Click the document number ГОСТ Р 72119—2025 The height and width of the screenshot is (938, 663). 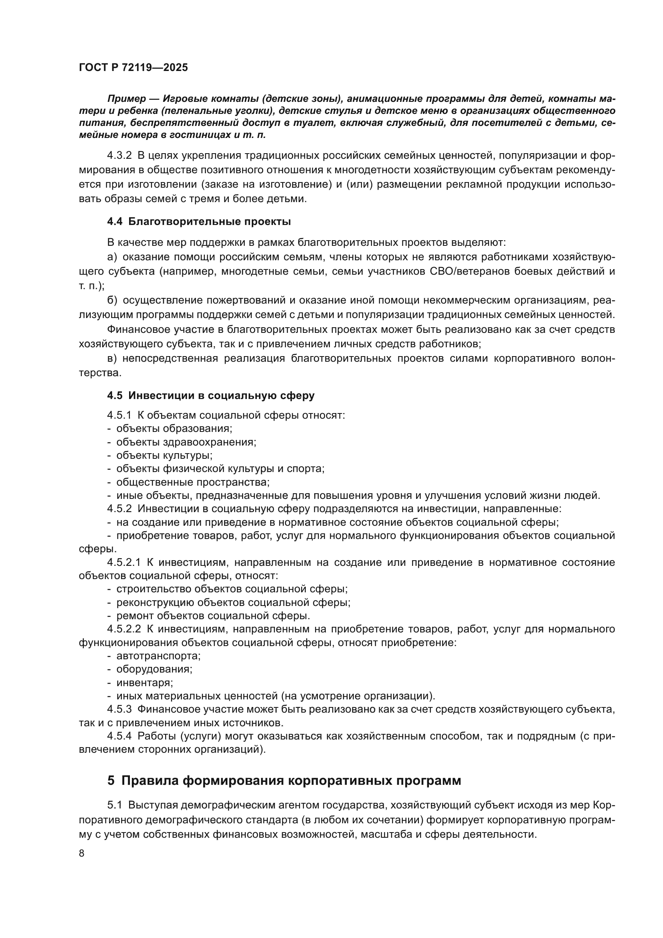coord(133,68)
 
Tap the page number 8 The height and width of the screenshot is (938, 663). coord(82,853)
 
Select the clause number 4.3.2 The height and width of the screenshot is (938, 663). coord(119,156)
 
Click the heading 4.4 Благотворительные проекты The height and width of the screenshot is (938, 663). coord(199,222)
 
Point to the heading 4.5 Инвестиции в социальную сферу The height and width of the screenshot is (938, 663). coord(211,395)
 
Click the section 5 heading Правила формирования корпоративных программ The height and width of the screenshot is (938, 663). coord(284,780)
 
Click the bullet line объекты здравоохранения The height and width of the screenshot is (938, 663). coord(186,442)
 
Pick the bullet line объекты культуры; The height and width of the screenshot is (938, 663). coord(164,455)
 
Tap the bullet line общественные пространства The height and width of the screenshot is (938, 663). coord(193,482)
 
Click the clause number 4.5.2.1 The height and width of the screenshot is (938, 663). coord(124,563)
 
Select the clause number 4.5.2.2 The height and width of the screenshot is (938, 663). coord(124,629)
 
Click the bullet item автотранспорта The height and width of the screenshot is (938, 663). coord(158,656)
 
